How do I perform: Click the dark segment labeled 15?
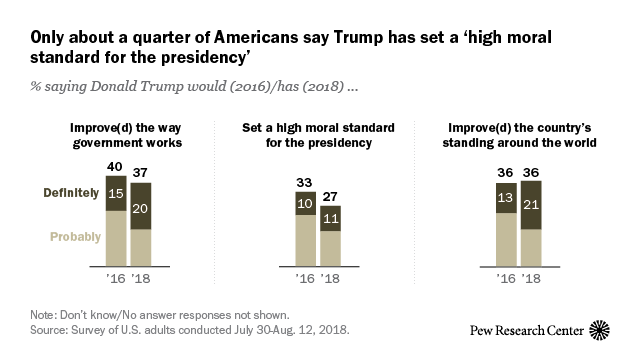coord(116,193)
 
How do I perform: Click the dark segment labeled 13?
coord(506,198)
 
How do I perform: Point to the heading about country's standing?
coord(520,135)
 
